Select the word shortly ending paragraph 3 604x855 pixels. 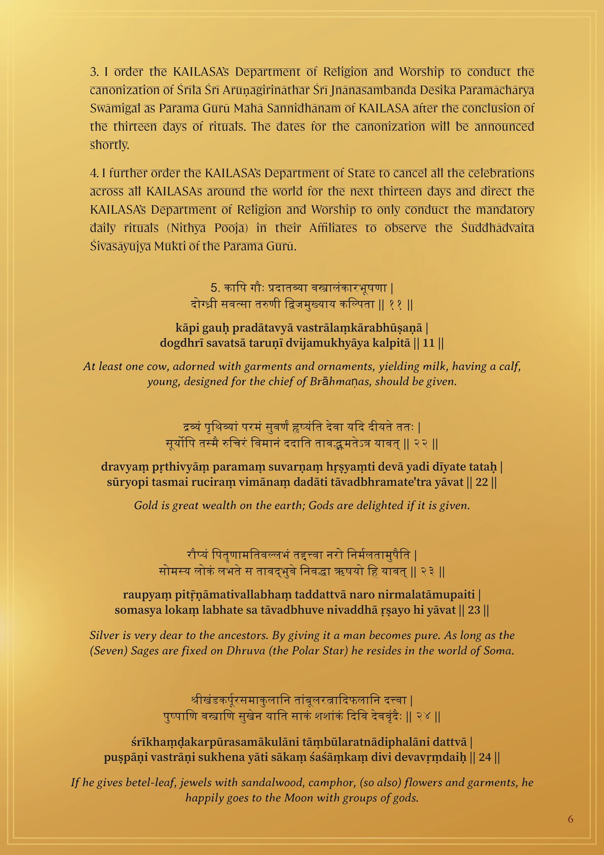pos(110,145)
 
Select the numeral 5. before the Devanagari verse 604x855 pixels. pos(215,288)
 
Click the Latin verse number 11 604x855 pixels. pos(429,343)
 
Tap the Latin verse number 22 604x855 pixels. pos(482,483)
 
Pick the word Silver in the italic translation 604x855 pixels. pos(104,635)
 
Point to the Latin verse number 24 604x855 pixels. pos(485,757)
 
